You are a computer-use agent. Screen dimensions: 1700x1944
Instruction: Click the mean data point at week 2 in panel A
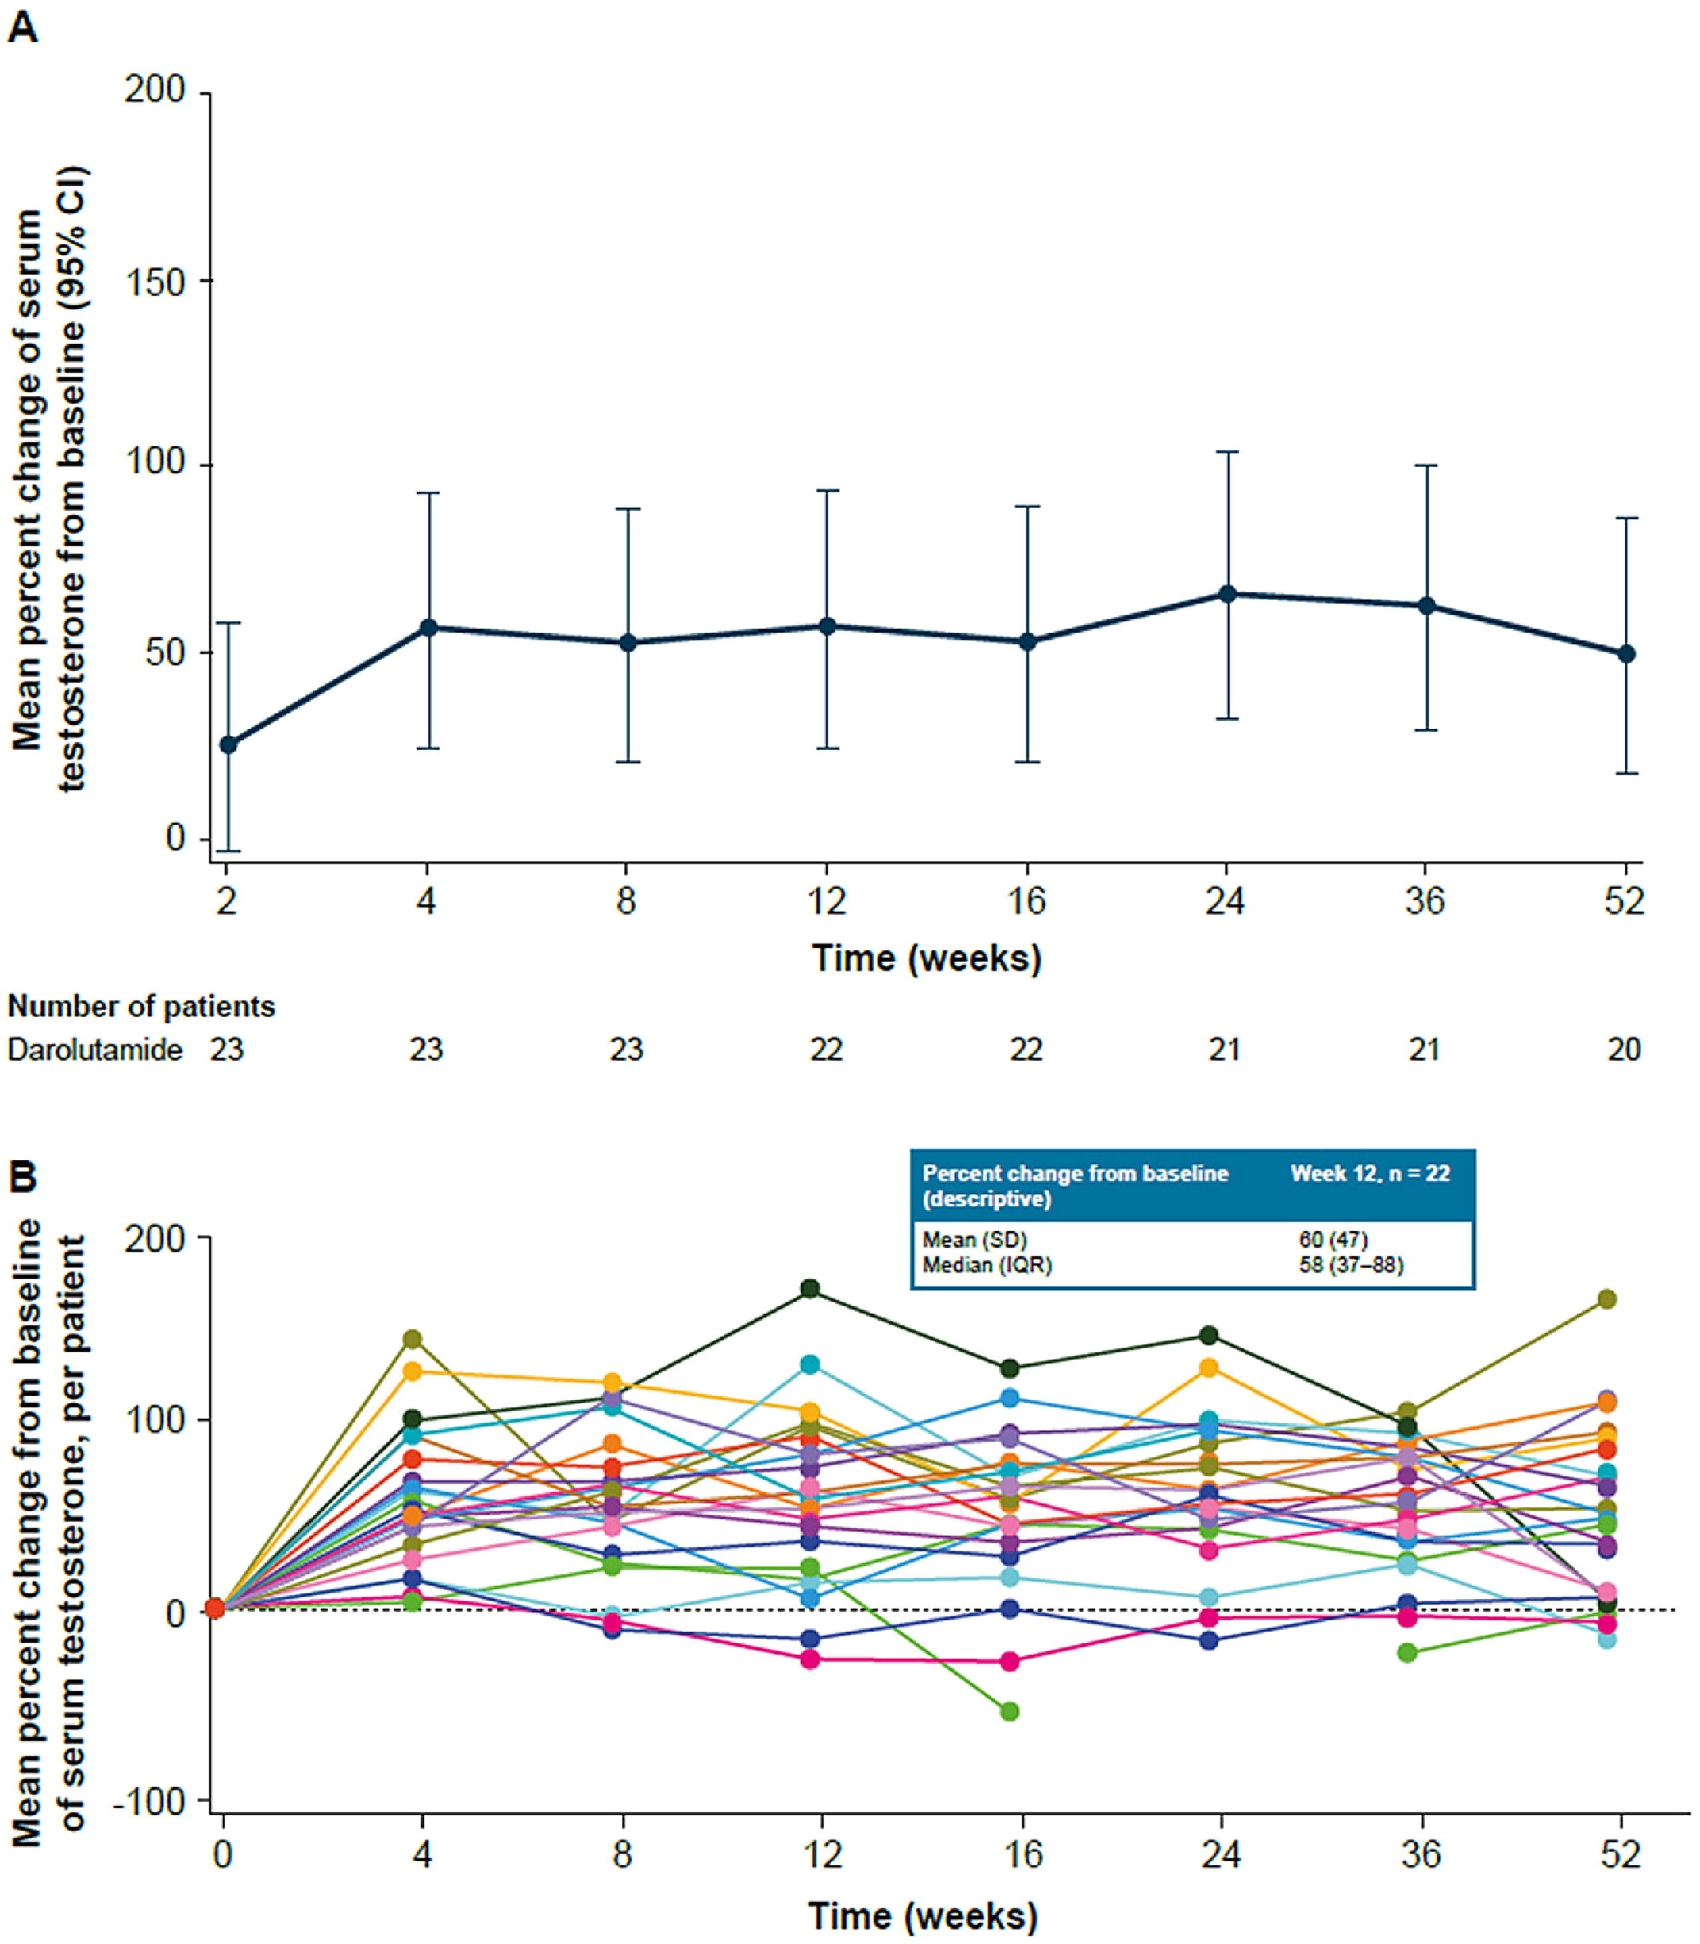tap(228, 745)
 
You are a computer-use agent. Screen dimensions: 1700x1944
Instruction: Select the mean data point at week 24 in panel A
tap(1228, 594)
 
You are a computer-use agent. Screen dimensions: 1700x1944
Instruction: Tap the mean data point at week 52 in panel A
tap(1626, 654)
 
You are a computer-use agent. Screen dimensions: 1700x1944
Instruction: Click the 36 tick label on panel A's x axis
tap(1425, 900)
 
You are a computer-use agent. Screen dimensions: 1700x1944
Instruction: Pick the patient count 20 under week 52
tap(1624, 1049)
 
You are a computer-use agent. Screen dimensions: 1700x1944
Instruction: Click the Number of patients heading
tap(142, 1006)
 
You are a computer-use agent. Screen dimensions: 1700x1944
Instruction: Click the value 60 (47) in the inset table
tap(1334, 1239)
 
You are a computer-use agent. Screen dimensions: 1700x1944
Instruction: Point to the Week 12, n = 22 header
tap(1370, 1173)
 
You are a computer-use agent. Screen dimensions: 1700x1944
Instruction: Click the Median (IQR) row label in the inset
tap(988, 1265)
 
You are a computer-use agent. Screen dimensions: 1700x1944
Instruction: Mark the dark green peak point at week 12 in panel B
tap(810, 1288)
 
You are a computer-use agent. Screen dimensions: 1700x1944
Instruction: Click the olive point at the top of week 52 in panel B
tap(1607, 1299)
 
